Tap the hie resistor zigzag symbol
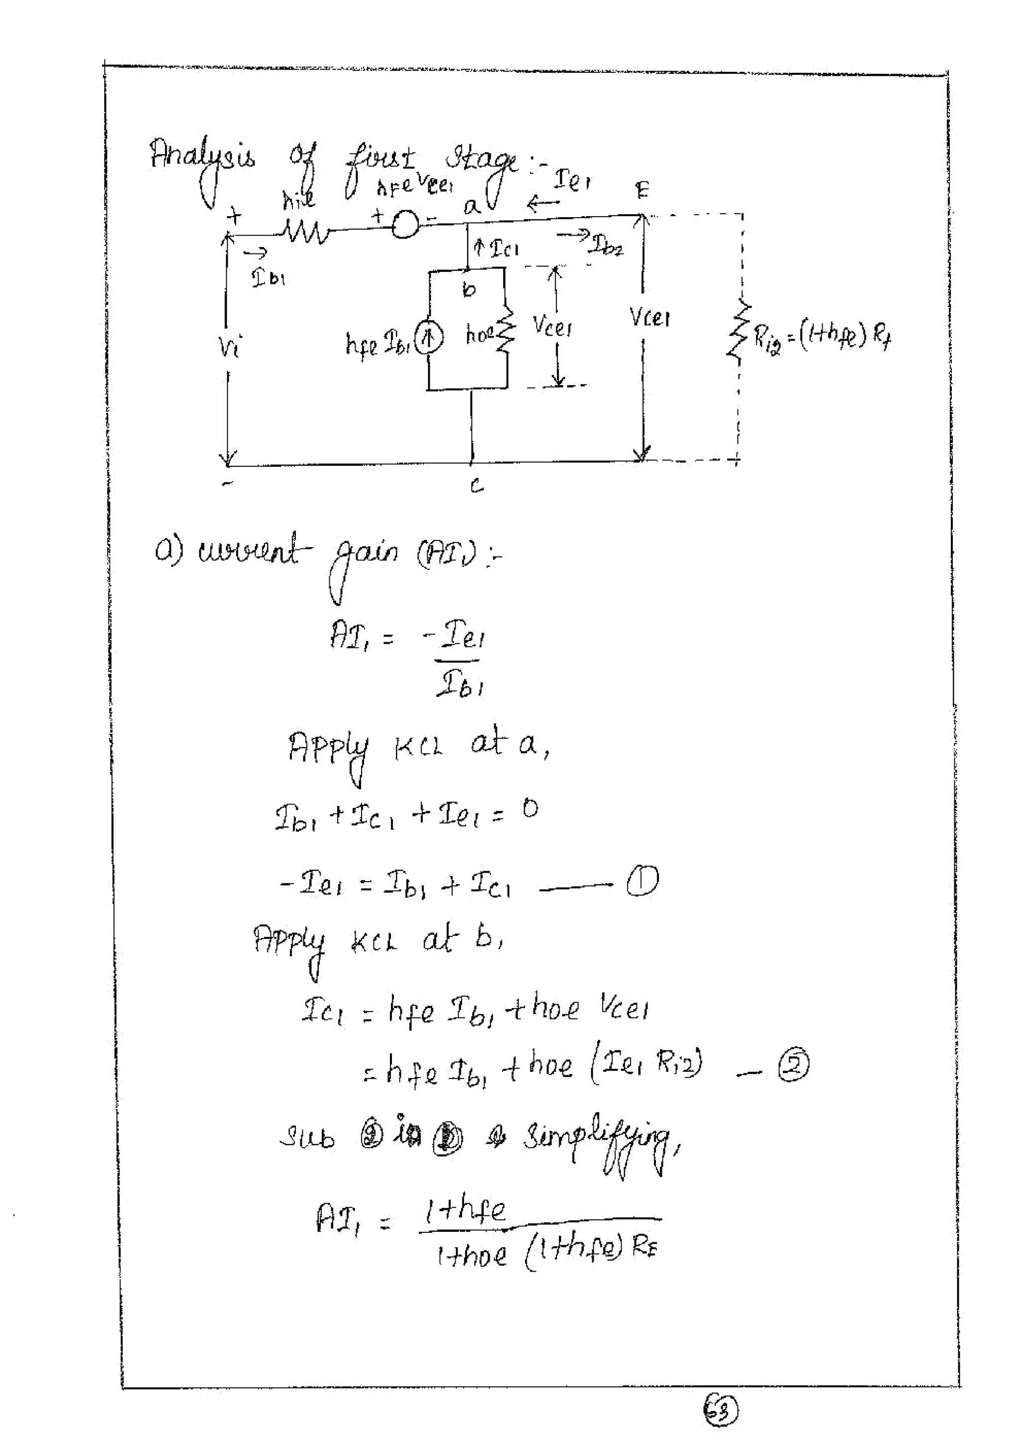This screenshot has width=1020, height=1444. coord(305,235)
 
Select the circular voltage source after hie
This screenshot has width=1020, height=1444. coord(404,224)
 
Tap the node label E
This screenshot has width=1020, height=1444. coord(641,190)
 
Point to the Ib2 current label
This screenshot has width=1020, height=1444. coord(605,247)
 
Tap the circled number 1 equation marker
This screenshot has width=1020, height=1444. coord(642,881)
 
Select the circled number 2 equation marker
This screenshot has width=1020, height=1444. coord(793,1065)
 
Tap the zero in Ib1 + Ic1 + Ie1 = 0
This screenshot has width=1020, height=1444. coord(530,809)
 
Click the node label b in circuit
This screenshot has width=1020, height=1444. coord(469,289)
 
